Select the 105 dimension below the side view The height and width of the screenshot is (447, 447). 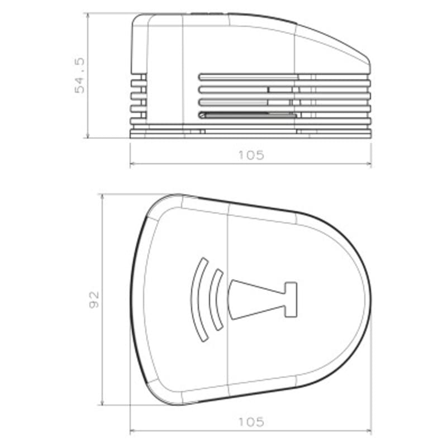(x=251, y=155)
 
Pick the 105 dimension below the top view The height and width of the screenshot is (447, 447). (x=251, y=422)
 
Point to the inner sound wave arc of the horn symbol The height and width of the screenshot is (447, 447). (x=214, y=302)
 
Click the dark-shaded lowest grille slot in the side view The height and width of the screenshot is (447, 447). (x=246, y=115)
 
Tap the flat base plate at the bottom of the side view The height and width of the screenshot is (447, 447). (x=251, y=133)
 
